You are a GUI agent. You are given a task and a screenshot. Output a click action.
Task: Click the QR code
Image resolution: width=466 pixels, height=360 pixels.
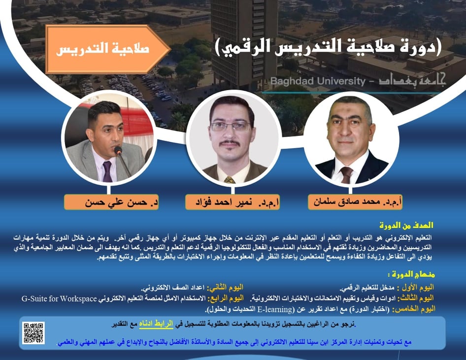(x=33, y=333)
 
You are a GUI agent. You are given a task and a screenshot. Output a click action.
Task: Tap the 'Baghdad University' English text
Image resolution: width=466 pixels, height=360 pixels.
(x=317, y=81)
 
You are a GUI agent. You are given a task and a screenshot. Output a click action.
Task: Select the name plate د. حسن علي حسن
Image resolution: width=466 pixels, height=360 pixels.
(x=111, y=202)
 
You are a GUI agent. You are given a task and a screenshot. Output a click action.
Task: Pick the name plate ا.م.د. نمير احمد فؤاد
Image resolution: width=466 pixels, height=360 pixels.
(x=233, y=202)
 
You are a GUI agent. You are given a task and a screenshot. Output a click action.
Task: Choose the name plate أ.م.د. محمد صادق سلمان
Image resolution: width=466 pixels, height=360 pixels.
(x=355, y=202)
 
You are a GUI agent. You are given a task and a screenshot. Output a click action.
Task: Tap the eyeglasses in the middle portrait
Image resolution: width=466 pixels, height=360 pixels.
(x=231, y=127)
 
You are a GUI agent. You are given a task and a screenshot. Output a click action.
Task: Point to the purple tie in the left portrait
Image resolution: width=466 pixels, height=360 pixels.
(x=107, y=171)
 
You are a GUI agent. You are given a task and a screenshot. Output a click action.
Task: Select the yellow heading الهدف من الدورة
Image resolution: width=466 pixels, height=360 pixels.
(x=406, y=226)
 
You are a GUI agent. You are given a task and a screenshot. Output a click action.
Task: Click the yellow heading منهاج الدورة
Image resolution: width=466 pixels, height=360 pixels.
(x=412, y=274)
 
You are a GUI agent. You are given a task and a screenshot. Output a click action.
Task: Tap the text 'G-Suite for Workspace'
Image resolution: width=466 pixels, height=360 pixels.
(x=59, y=298)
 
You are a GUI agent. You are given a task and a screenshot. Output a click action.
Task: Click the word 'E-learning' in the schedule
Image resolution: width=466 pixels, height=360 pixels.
(x=275, y=309)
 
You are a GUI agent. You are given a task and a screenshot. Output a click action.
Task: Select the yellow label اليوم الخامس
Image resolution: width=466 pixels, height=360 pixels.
(x=414, y=309)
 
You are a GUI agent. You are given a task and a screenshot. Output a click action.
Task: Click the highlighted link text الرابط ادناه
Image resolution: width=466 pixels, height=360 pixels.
(x=156, y=324)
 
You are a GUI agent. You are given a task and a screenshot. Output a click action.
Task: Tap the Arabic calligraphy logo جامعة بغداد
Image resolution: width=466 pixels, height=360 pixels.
(x=412, y=80)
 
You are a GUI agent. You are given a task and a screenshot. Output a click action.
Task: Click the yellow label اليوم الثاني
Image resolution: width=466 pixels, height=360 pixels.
(x=225, y=288)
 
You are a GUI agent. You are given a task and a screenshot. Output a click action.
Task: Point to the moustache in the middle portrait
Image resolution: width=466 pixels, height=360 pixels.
(x=230, y=144)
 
